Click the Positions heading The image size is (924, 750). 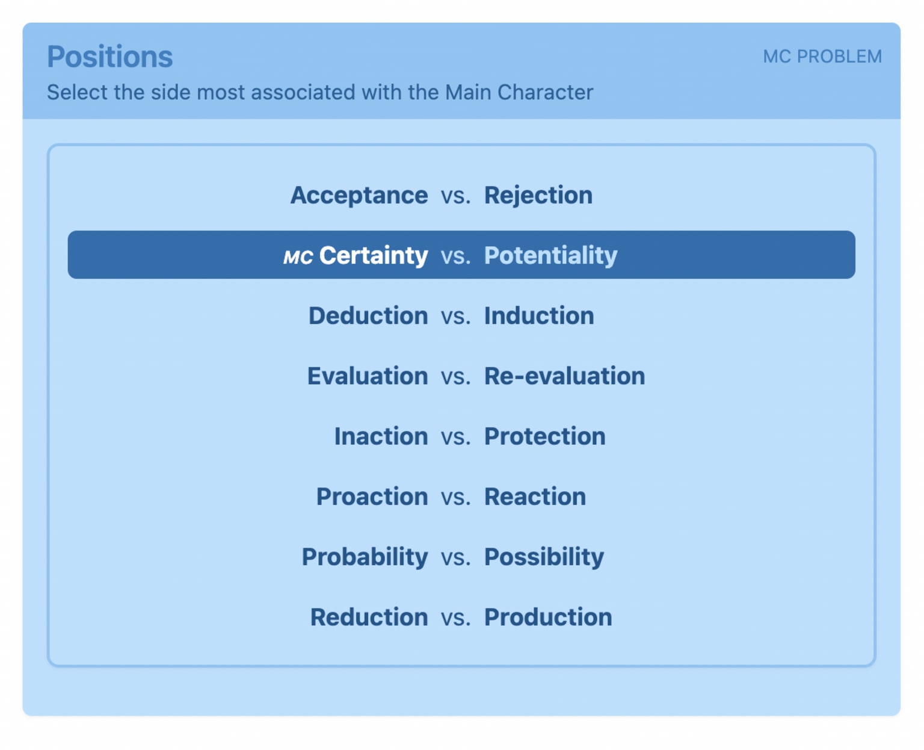pos(109,57)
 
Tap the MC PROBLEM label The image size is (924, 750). pos(822,57)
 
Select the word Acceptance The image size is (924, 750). pos(359,195)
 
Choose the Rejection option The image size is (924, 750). pos(538,195)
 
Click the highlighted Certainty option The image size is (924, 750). pos(374,255)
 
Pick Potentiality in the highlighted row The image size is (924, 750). pos(550,255)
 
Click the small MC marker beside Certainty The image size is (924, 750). pos(298,257)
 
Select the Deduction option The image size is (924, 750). pos(368,315)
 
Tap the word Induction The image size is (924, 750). pos(539,315)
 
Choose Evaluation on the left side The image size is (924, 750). pos(368,376)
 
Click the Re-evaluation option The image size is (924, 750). pos(564,376)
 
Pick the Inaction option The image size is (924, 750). pos(381,436)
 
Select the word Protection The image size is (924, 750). pos(544,436)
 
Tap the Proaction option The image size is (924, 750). pos(372,497)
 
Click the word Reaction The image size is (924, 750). pos(535,497)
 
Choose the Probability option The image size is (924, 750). pos(365,557)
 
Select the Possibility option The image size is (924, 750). pos(544,557)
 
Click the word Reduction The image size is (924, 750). pos(369,617)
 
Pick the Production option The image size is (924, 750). pos(548,617)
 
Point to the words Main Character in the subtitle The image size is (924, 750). pos(519,93)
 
